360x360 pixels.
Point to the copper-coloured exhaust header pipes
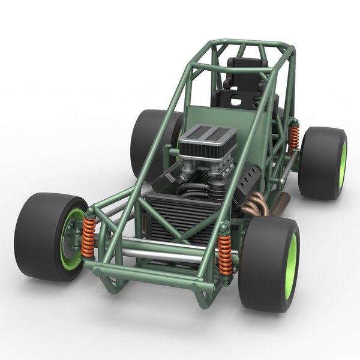(255, 204)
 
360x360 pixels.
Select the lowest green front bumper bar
(150, 277)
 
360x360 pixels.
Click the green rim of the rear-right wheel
(342, 164)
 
